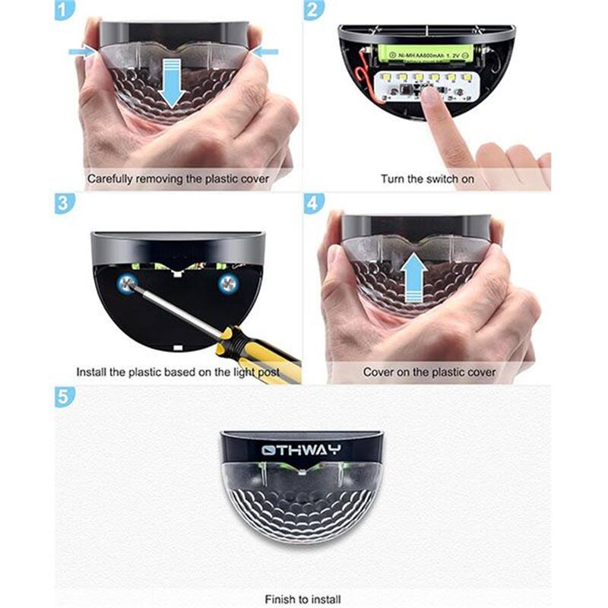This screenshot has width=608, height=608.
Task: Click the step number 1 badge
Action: (65, 10)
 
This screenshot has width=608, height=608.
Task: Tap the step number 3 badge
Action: (65, 204)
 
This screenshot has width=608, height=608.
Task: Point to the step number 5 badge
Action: (65, 397)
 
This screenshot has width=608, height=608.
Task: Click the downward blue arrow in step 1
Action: (173, 86)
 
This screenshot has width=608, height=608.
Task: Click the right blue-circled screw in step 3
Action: (226, 283)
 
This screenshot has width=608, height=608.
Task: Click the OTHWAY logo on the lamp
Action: (302, 450)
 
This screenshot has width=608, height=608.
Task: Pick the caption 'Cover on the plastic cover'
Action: (429, 372)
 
